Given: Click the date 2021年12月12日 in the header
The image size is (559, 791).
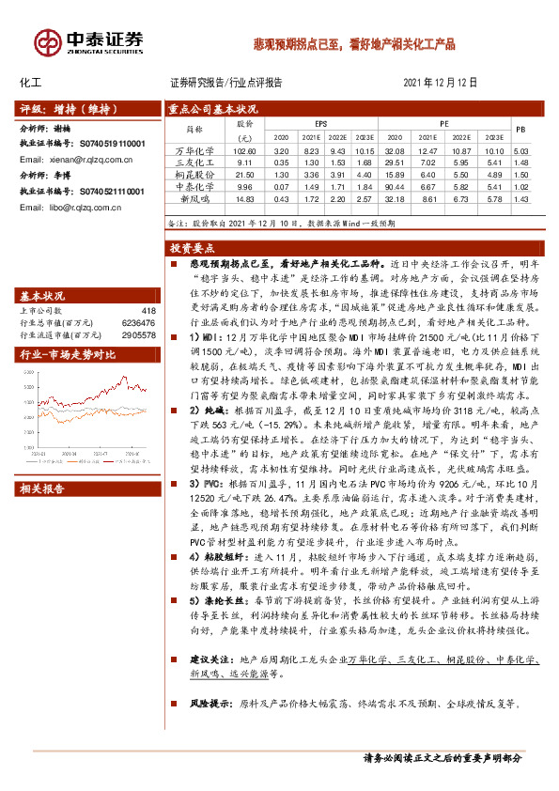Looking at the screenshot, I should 441,83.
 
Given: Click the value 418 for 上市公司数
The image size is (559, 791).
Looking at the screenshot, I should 147,310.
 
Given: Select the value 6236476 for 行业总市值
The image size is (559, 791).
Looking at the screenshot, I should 137,321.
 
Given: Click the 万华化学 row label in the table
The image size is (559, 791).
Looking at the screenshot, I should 194,151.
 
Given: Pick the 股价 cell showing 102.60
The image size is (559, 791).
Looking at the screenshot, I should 244,151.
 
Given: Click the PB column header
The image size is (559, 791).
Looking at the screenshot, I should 521,129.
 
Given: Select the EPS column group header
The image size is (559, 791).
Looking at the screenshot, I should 320,122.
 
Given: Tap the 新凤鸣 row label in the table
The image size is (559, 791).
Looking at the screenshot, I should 194,198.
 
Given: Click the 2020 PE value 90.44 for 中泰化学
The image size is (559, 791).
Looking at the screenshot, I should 394,187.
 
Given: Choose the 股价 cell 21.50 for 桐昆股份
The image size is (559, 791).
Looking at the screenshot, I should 244,175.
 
